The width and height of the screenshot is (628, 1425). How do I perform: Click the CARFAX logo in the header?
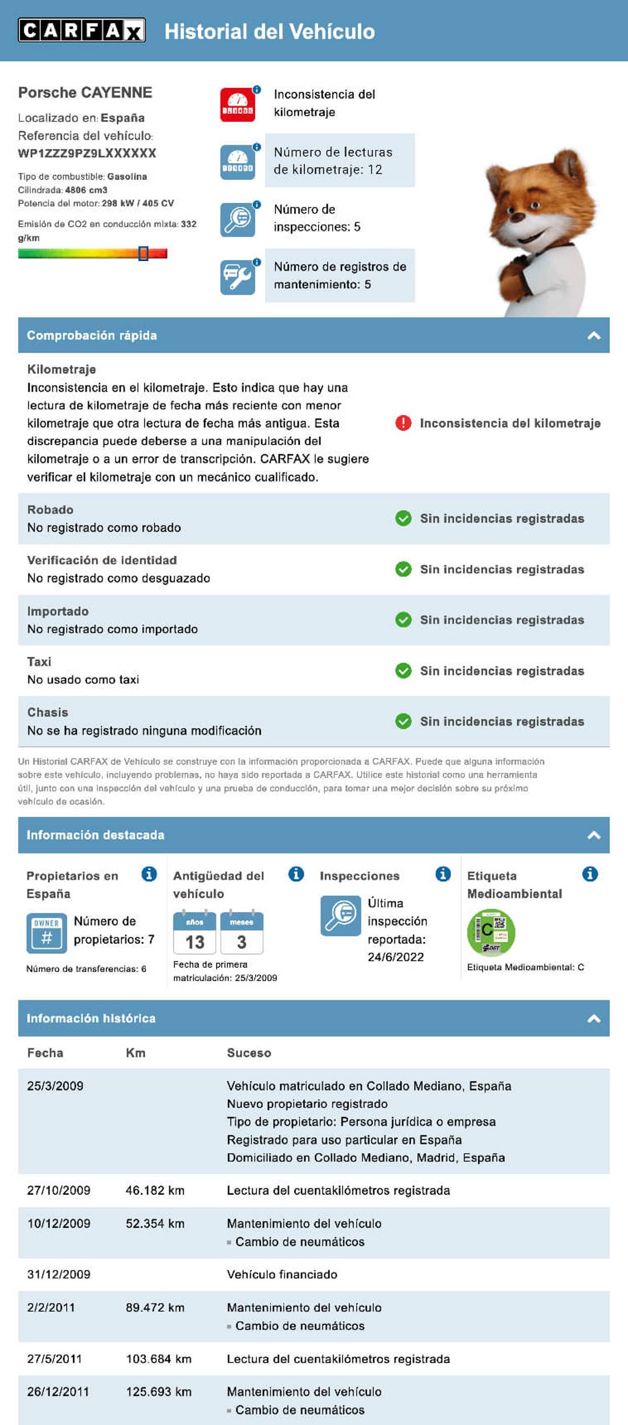pyautogui.click(x=81, y=30)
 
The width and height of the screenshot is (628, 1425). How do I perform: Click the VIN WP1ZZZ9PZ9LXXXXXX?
pyautogui.click(x=87, y=153)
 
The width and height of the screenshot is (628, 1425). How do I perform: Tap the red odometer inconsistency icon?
pyautogui.click(x=238, y=105)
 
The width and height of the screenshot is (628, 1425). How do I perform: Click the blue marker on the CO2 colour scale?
pyautogui.click(x=144, y=253)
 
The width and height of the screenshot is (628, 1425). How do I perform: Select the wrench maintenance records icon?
pyautogui.click(x=238, y=277)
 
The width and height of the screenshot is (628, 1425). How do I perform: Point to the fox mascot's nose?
pyautogui.click(x=517, y=217)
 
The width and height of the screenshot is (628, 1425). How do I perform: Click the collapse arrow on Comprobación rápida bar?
pyautogui.click(x=593, y=336)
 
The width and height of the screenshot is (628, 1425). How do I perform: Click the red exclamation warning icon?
pyautogui.click(x=403, y=423)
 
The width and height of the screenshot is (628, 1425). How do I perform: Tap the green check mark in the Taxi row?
pyautogui.click(x=403, y=671)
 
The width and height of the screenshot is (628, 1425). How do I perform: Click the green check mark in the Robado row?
pyautogui.click(x=403, y=519)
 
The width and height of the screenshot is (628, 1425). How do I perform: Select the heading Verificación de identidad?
pyautogui.click(x=102, y=560)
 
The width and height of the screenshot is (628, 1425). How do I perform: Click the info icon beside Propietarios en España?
pyautogui.click(x=149, y=874)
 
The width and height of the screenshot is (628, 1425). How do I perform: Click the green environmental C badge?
pyautogui.click(x=491, y=932)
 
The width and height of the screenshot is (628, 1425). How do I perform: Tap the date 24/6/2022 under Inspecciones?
pyautogui.click(x=395, y=957)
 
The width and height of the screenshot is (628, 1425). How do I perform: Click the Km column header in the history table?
pyautogui.click(x=136, y=1053)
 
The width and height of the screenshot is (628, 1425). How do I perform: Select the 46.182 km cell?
pyautogui.click(x=155, y=1190)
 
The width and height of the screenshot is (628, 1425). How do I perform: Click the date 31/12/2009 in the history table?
pyautogui.click(x=59, y=1275)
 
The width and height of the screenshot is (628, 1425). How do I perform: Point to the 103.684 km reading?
pyautogui.click(x=158, y=1359)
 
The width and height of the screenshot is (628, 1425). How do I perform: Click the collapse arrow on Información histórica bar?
pyautogui.click(x=593, y=1019)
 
